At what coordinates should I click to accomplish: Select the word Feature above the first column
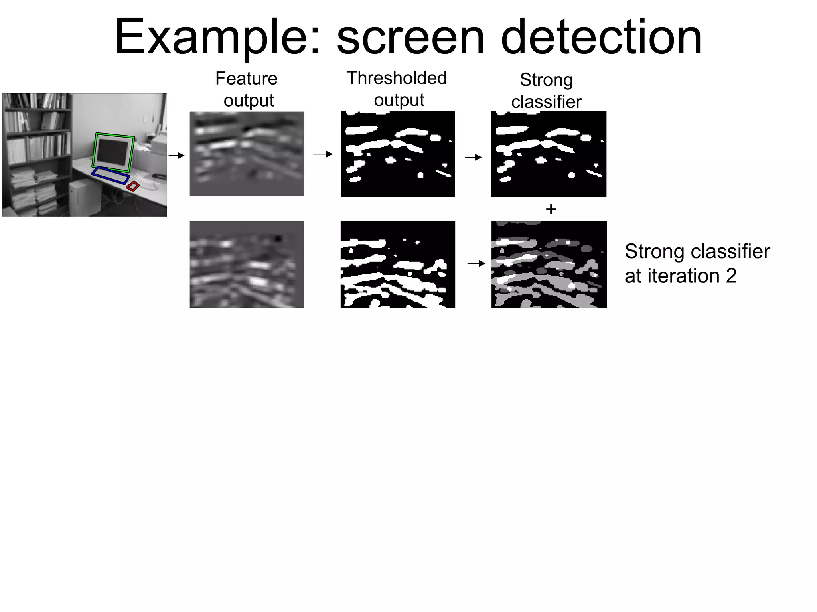(246, 79)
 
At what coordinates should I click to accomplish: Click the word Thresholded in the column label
(396, 78)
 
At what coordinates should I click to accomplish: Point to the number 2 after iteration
(731, 276)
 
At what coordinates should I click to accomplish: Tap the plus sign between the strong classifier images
(551, 209)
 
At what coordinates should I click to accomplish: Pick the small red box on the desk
(133, 186)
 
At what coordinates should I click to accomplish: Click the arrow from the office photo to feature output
(176, 155)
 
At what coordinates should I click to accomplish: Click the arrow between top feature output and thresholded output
(322, 154)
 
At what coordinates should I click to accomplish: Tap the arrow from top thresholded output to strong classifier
(473, 157)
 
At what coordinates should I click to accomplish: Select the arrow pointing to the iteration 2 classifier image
(476, 263)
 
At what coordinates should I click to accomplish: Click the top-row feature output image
(247, 154)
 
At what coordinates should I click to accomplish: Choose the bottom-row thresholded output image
(398, 265)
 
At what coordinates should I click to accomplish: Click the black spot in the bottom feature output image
(278, 239)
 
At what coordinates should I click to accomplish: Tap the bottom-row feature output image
(247, 265)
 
